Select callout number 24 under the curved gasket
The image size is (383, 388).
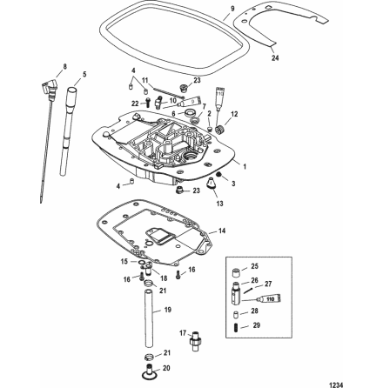275,58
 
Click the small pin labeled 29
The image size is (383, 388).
236,326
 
